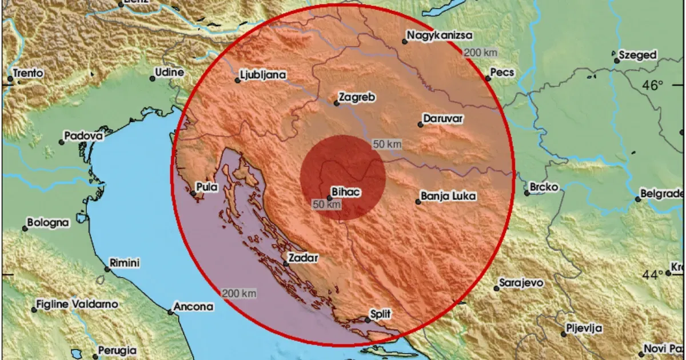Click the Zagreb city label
click(x=357, y=98)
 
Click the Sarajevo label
click(x=521, y=283)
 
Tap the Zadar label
click(x=303, y=258)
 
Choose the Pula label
click(x=206, y=187)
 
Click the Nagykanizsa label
click(x=440, y=35)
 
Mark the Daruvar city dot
click(x=420, y=125)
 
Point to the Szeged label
click(x=639, y=55)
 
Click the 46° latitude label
click(x=653, y=86)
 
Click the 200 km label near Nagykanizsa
click(x=480, y=53)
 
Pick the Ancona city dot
click(x=170, y=312)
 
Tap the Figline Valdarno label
click(x=77, y=305)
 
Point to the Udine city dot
click(x=153, y=78)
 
